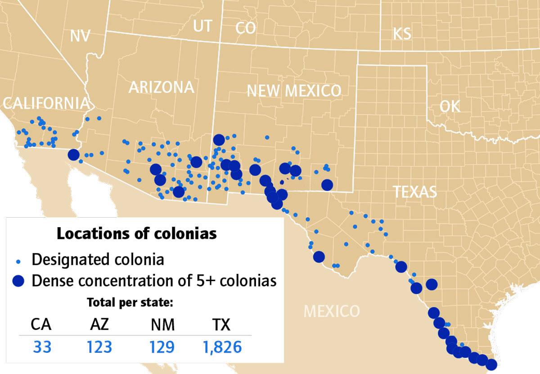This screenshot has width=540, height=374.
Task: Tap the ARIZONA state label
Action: pyautogui.click(x=161, y=87)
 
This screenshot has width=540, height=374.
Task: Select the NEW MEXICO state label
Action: pyautogui.click(x=294, y=91)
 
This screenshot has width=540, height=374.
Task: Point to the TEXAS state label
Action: pyautogui.click(x=415, y=192)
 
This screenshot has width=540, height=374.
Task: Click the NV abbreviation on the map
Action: pyautogui.click(x=81, y=36)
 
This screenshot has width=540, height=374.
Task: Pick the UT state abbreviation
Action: pyautogui.click(x=202, y=26)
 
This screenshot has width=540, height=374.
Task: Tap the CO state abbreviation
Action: pyautogui.click(x=246, y=28)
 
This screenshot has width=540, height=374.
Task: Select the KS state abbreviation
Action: pyautogui.click(x=402, y=34)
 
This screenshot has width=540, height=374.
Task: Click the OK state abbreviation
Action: pyautogui.click(x=450, y=107)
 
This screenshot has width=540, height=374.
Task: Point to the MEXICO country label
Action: pyautogui.click(x=332, y=311)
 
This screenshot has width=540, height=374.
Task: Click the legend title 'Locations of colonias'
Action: pyautogui.click(x=136, y=234)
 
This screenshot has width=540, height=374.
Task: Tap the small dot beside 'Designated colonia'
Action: pyautogui.click(x=18, y=261)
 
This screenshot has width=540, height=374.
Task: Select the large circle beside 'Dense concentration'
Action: pyautogui.click(x=18, y=281)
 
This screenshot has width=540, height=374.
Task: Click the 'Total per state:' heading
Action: pyautogui.click(x=130, y=302)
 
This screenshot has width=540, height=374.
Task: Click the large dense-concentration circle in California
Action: pyautogui.click(x=73, y=155)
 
